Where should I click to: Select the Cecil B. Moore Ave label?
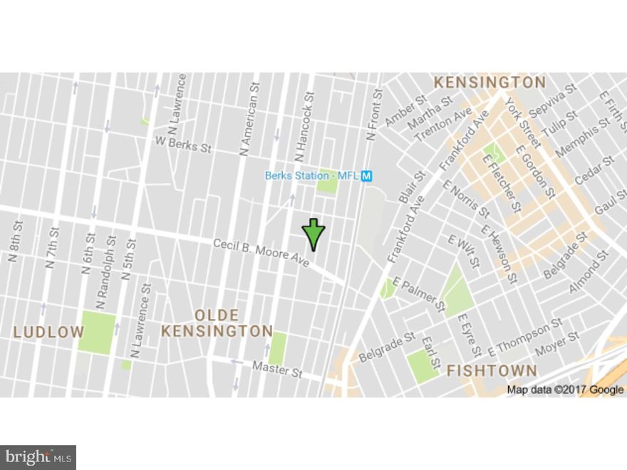(x=261, y=253)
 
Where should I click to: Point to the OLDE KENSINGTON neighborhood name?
(x=217, y=323)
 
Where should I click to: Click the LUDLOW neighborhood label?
(x=48, y=331)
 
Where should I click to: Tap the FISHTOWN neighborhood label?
(x=492, y=370)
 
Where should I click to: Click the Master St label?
(x=277, y=369)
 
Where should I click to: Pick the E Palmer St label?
(x=419, y=295)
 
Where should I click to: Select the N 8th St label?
(x=14, y=242)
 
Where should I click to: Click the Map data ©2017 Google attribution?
(x=565, y=390)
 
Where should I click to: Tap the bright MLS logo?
(x=38, y=457)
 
